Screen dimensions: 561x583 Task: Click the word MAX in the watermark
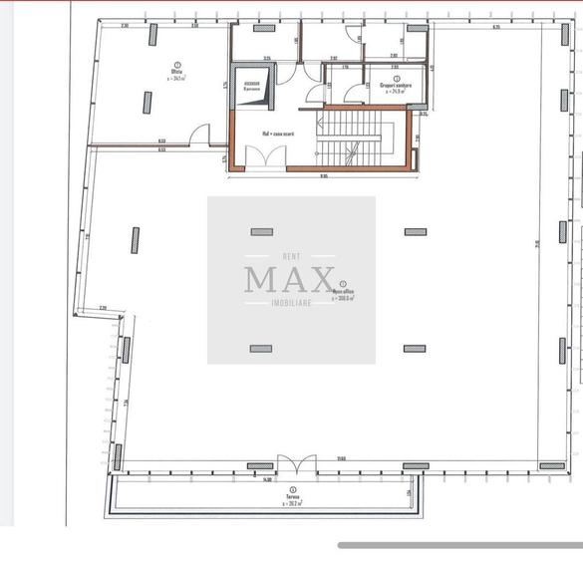[290, 278]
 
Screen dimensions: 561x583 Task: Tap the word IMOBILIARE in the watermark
[290, 303]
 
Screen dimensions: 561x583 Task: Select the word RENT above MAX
[291, 254]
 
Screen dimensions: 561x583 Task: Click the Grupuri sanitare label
[396, 85]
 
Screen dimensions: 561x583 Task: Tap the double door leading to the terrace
[297, 463]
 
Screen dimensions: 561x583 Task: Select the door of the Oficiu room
[201, 137]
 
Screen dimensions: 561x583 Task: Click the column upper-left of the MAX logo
[261, 232]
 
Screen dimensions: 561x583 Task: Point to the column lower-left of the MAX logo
[261, 349]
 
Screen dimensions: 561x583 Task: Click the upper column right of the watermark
[416, 232]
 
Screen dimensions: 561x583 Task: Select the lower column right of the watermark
[416, 349]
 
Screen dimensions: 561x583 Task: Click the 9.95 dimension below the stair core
[324, 177]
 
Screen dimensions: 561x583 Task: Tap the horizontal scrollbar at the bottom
[459, 545]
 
